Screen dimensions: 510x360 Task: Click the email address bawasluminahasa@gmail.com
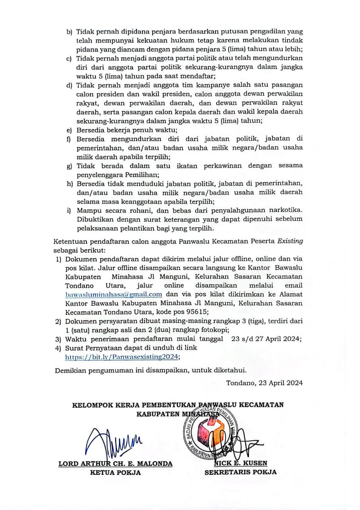tap(113, 294)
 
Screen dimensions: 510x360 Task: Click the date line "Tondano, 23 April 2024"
tap(264, 383)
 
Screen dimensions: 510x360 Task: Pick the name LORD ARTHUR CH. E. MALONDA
tap(115, 464)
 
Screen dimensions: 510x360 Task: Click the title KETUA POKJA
tap(115, 473)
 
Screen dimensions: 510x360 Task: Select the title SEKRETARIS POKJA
tap(241, 473)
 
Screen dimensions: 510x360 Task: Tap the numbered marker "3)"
tap(58, 339)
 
